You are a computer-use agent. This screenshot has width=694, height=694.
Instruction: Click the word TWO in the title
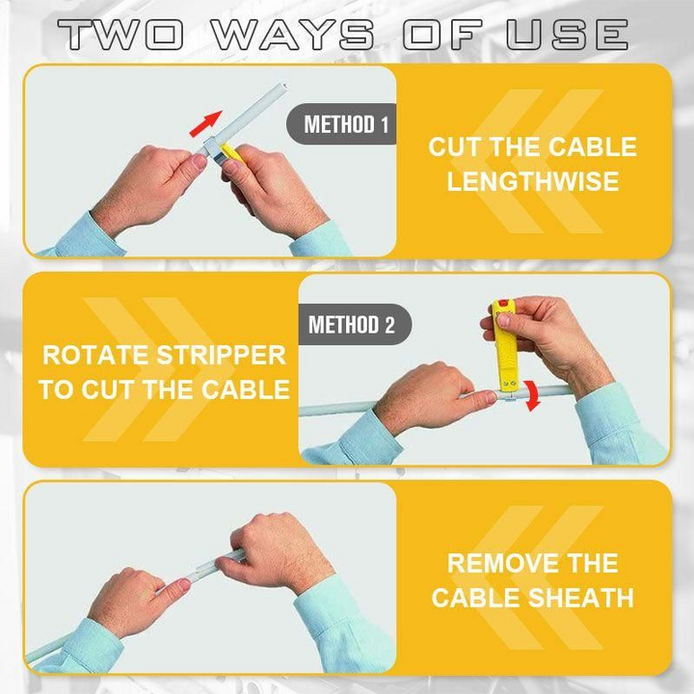(120, 34)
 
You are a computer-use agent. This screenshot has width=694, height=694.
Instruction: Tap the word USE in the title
(568, 34)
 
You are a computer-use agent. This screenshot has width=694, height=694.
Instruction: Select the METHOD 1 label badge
(341, 124)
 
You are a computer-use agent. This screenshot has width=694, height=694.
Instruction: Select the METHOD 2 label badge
(355, 325)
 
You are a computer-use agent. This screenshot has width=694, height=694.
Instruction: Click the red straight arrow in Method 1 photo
(205, 123)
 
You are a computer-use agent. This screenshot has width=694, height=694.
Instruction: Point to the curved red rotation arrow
(533, 395)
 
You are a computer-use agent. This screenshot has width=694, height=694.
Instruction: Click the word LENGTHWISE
(533, 181)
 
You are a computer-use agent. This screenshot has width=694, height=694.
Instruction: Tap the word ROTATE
(95, 356)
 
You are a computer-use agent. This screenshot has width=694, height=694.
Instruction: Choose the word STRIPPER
(222, 356)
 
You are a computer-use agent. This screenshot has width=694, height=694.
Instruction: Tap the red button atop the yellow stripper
(504, 305)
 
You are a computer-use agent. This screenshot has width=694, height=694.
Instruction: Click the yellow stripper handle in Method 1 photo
(231, 153)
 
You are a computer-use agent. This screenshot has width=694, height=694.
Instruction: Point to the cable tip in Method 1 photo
(282, 86)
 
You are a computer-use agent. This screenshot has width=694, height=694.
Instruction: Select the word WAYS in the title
(293, 34)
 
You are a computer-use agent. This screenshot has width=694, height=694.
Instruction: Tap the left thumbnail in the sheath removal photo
(183, 585)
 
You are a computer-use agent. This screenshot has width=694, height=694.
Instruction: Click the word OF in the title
(442, 34)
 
